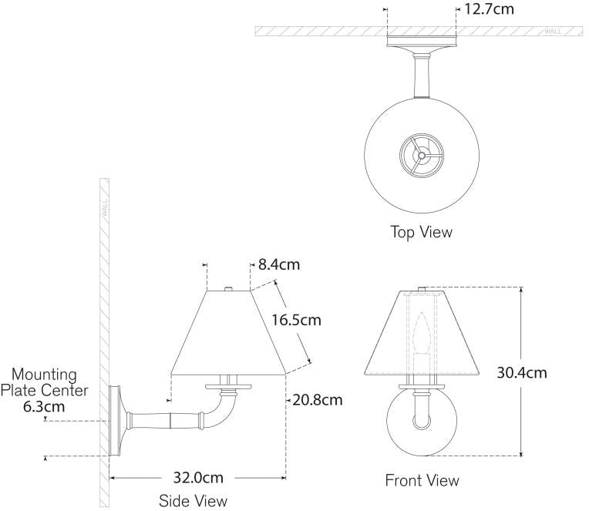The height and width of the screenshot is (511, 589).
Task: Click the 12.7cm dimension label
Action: (490, 9)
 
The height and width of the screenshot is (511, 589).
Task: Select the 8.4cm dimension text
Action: (278, 265)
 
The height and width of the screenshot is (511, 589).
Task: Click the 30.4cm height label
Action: (523, 373)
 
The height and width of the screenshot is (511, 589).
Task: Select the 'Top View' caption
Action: (421, 231)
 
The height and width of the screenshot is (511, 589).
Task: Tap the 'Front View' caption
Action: (422, 481)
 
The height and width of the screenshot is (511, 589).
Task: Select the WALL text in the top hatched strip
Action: (553, 31)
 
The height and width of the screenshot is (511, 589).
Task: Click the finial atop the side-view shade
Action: (228, 288)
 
